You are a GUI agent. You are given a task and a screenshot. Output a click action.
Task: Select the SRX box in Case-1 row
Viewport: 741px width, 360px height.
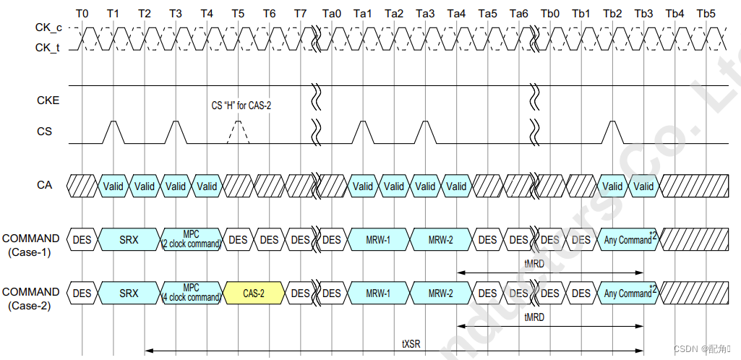point(129,239)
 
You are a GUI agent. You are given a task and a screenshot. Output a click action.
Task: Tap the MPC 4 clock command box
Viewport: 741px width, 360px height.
point(191,293)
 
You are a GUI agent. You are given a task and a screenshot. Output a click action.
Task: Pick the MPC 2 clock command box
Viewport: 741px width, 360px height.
point(191,239)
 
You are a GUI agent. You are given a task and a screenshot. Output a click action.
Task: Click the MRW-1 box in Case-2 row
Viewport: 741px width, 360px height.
point(378,293)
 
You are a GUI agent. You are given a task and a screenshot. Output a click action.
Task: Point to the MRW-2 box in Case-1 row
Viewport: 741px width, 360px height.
point(440,239)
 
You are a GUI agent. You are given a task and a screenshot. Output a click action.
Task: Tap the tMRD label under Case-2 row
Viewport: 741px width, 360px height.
point(535,319)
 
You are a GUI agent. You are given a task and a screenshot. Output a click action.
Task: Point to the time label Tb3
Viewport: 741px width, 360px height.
point(643,14)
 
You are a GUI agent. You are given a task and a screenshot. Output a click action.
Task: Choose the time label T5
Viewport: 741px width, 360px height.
point(238,14)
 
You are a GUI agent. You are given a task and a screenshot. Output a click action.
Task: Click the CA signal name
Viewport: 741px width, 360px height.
point(45,185)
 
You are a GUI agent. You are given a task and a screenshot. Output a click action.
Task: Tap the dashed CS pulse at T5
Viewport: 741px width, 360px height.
point(238,132)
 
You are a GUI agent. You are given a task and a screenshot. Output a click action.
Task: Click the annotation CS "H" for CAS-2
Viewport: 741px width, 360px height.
point(241,106)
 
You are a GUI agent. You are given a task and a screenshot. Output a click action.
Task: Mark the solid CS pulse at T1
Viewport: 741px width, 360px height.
point(113,132)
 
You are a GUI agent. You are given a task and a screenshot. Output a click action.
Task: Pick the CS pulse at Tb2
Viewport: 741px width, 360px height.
point(612,132)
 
